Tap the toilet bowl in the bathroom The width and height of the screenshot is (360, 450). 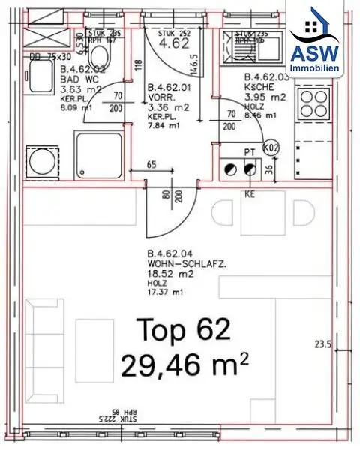click(x=98, y=58)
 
